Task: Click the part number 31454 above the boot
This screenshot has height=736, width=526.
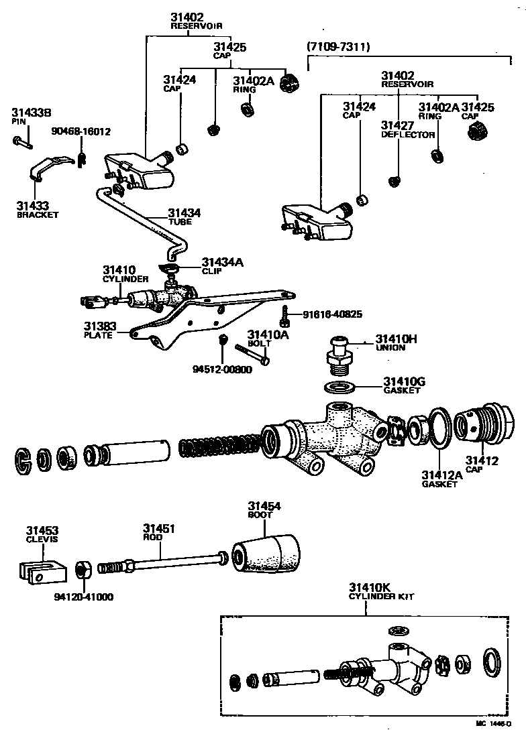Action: (x=264, y=506)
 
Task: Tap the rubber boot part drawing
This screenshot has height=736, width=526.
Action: (x=266, y=556)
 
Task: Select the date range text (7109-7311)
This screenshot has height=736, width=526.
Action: (x=338, y=48)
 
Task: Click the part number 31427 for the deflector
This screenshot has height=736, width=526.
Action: (x=397, y=125)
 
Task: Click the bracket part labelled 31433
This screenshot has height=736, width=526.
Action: (x=51, y=167)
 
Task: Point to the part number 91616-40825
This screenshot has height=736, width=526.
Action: (x=332, y=314)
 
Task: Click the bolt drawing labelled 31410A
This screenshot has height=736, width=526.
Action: (x=252, y=353)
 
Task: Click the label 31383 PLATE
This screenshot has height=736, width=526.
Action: (x=100, y=330)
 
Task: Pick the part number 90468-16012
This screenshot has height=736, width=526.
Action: (x=81, y=131)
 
